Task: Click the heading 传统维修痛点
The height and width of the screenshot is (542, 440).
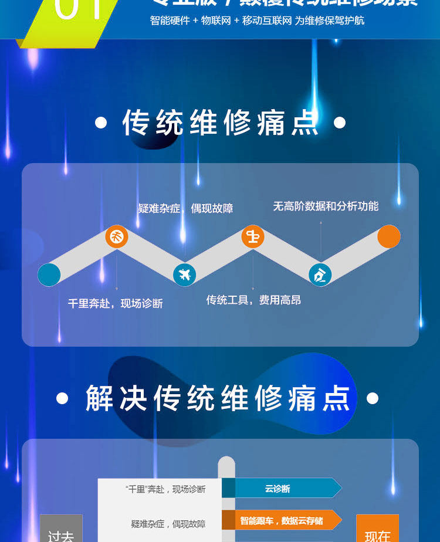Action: (220, 123)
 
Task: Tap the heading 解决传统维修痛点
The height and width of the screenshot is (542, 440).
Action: (218, 399)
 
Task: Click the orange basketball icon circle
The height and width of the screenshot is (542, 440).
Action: (117, 237)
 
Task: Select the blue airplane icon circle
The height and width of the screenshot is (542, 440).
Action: (185, 274)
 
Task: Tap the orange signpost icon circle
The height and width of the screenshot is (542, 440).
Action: (253, 237)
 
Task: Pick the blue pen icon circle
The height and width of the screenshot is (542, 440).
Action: (320, 274)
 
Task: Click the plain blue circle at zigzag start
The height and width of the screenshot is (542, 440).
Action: (49, 275)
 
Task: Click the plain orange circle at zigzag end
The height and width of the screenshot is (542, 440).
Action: (388, 236)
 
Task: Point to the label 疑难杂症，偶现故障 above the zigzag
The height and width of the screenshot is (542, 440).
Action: (185, 208)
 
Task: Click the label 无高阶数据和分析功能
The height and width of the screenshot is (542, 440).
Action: (326, 206)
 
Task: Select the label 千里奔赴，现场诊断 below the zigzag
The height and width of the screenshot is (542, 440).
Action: (115, 303)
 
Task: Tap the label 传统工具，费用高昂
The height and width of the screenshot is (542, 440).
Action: (253, 300)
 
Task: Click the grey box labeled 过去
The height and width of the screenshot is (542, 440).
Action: (61, 531)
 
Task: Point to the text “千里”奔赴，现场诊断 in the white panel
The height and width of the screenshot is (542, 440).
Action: (165, 489)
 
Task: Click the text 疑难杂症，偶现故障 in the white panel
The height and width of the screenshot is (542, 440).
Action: (168, 523)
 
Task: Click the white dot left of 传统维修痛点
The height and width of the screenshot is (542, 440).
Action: (101, 123)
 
